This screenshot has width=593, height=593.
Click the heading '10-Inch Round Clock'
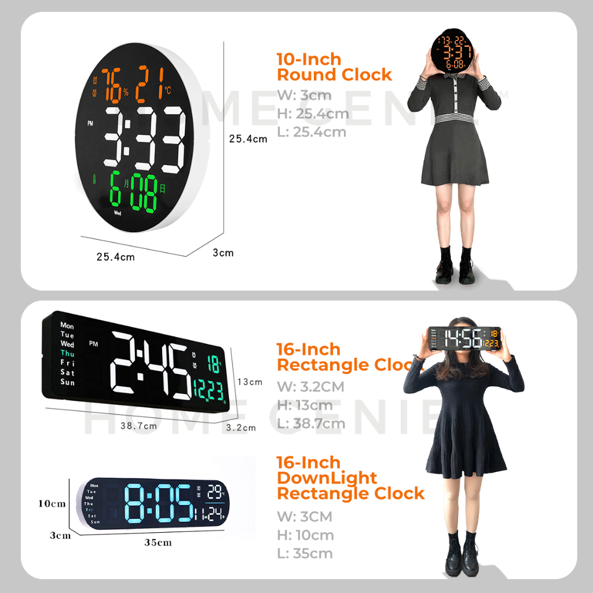tap(334, 67)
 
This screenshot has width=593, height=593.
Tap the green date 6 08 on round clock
tap(136, 192)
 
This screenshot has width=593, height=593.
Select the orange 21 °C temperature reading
tap(152, 85)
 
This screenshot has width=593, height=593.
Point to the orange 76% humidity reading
tap(114, 85)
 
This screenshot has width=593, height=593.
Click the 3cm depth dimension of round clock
tap(223, 252)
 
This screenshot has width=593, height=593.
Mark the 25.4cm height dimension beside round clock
tap(248, 139)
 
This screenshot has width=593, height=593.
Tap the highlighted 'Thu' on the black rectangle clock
tap(67, 353)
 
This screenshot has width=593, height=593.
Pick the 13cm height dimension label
tap(250, 382)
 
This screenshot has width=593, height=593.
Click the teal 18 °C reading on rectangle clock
tap(214, 365)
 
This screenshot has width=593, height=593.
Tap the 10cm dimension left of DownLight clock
tap(52, 503)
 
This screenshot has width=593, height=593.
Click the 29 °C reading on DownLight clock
tap(215, 492)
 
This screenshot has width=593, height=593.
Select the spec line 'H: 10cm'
tap(305, 535)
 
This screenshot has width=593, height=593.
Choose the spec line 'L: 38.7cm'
tap(311, 423)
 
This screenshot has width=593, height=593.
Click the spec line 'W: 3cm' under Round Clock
tap(304, 95)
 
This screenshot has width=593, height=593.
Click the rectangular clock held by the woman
tap(464, 338)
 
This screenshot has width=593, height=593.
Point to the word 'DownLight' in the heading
tap(327, 478)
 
